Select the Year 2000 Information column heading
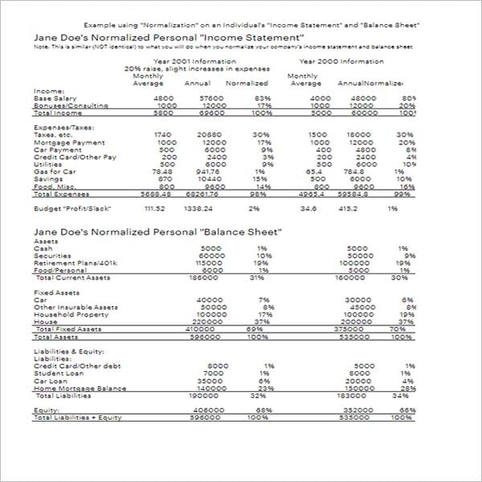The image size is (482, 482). (x=341, y=61)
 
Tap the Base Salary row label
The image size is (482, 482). (x=55, y=99)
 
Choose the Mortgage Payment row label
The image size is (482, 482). (x=64, y=142)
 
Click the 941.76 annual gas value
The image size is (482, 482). (x=206, y=171)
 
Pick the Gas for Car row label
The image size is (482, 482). (x=56, y=171)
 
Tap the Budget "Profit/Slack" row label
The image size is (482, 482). (x=72, y=209)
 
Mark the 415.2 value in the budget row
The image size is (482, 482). (x=347, y=209)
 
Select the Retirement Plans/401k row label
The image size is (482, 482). (x=75, y=263)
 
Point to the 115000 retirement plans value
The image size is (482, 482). (x=209, y=263)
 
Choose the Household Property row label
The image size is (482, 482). (x=71, y=314)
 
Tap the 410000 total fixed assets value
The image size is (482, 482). (x=198, y=329)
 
